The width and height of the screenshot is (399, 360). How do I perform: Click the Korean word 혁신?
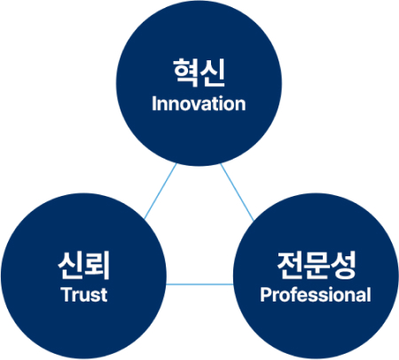click(x=199, y=73)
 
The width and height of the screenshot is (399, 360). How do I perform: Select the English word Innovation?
click(x=199, y=104)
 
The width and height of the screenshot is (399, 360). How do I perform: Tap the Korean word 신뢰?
click(x=84, y=265)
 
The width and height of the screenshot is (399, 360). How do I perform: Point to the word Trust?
click(x=84, y=294)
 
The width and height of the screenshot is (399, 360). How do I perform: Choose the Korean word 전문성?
click(x=317, y=265)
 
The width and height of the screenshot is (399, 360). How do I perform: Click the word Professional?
click(x=316, y=294)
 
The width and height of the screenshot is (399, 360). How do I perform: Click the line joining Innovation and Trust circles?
click(x=160, y=192)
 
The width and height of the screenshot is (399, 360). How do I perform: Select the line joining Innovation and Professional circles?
click(x=237, y=192)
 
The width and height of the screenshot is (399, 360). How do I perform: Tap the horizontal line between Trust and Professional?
click(x=199, y=285)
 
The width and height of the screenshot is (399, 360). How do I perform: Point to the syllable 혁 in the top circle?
click(x=185, y=73)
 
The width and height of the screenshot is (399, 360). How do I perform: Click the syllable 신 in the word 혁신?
click(x=213, y=73)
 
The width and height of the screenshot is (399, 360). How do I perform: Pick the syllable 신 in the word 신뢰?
click(x=70, y=265)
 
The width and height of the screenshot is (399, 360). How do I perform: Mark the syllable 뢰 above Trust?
click(x=98, y=265)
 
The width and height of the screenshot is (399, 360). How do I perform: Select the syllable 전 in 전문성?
click(x=289, y=265)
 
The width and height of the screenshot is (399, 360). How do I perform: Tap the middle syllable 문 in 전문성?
click(x=316, y=265)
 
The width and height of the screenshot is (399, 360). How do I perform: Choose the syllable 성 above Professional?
click(x=343, y=265)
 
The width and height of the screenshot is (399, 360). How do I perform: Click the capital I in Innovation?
click(x=153, y=104)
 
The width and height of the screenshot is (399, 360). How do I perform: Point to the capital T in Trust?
click(x=66, y=294)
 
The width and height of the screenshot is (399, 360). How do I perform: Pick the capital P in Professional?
click(x=266, y=294)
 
